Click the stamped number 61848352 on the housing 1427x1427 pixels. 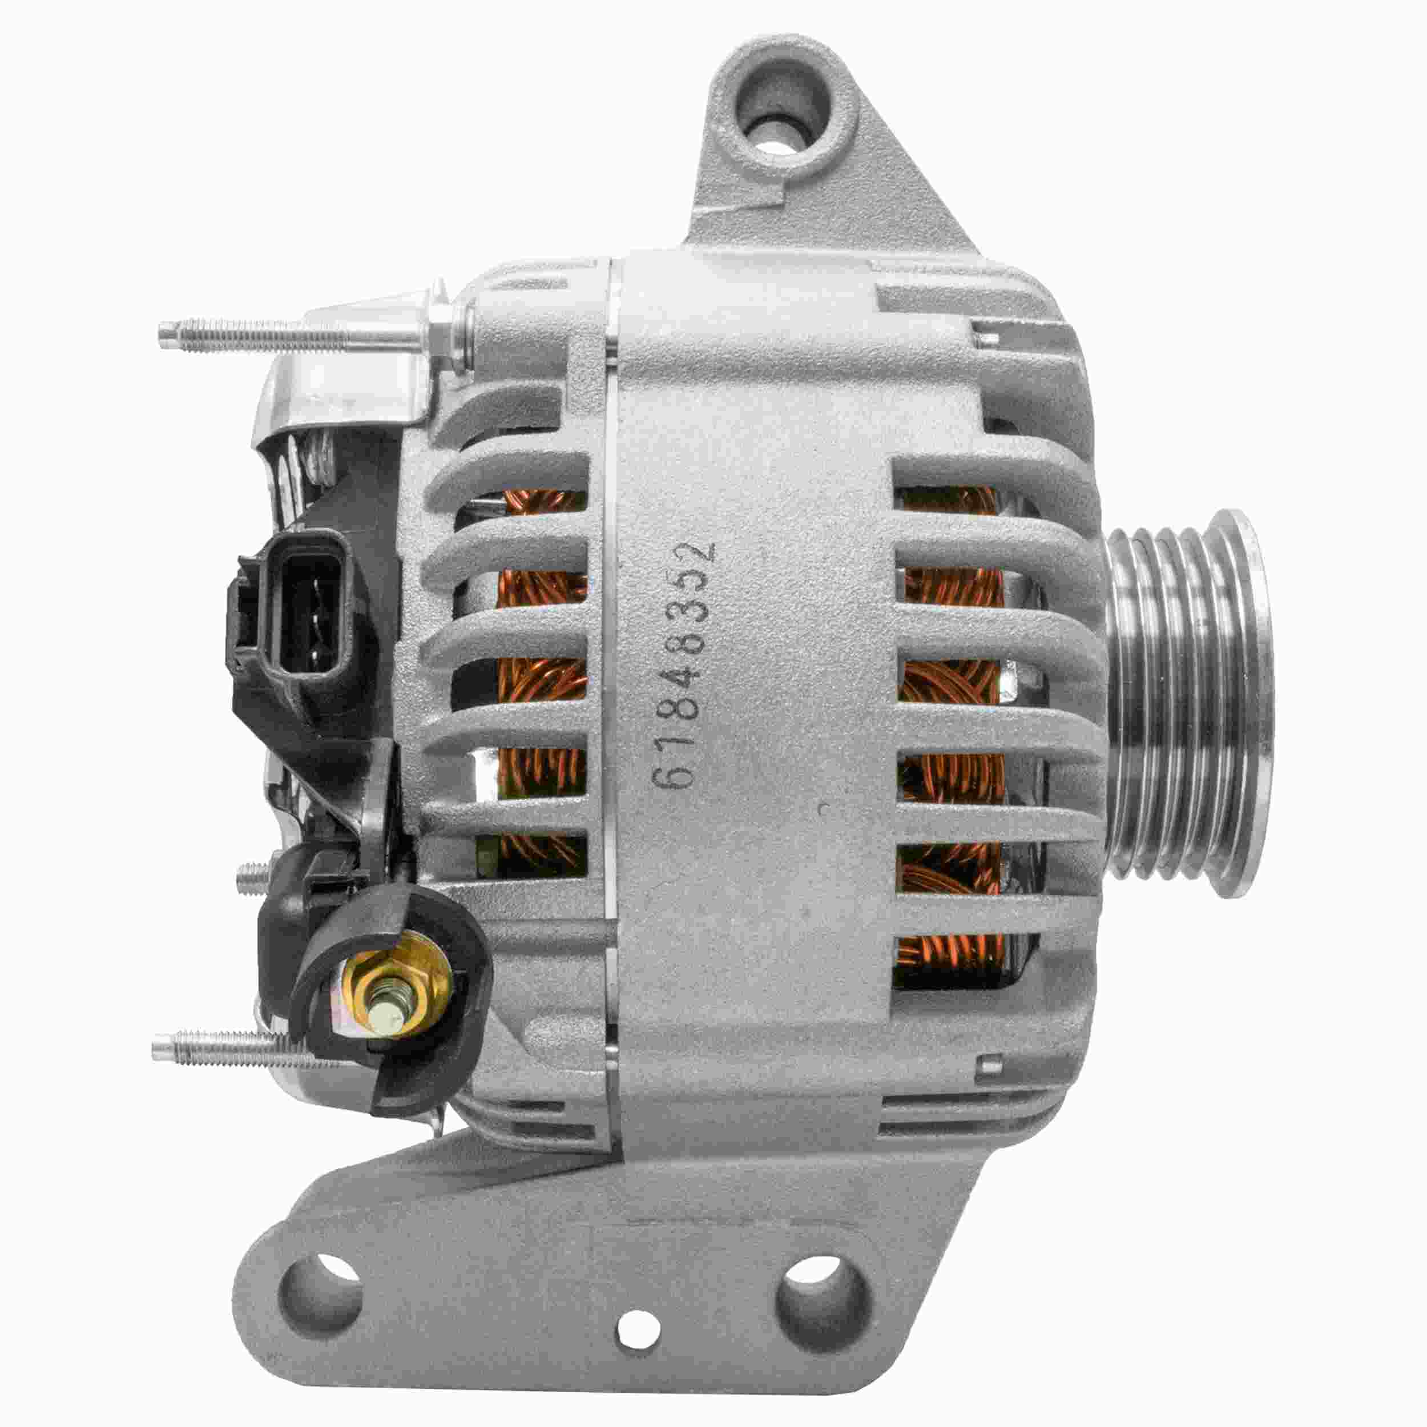684,665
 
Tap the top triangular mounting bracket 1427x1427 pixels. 798,184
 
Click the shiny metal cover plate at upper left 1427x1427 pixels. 347,392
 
